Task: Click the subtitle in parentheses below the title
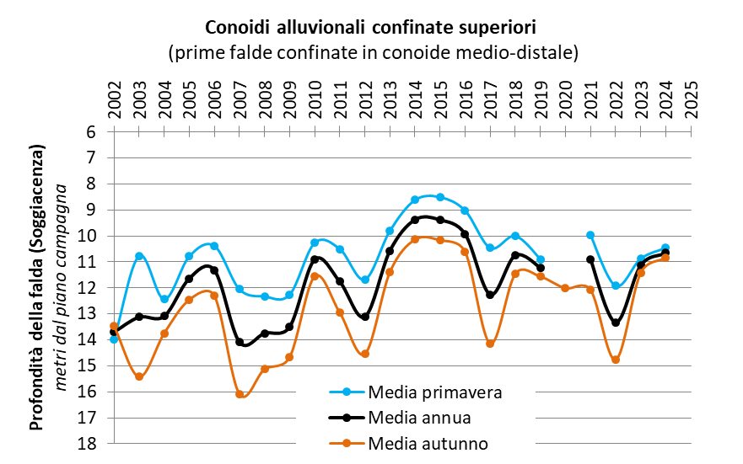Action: tap(372, 52)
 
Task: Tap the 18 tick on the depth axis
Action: tap(92, 443)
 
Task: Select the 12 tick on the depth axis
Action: tap(92, 288)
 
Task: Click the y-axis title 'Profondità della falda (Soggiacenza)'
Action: tap(36, 286)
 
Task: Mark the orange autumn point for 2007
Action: tap(240, 394)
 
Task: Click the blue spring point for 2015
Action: tap(439, 197)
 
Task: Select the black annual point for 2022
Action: tap(616, 323)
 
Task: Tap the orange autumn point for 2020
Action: tap(565, 288)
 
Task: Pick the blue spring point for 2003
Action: tap(139, 256)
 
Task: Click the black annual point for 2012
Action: tap(365, 317)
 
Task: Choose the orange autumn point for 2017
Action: tap(490, 344)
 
